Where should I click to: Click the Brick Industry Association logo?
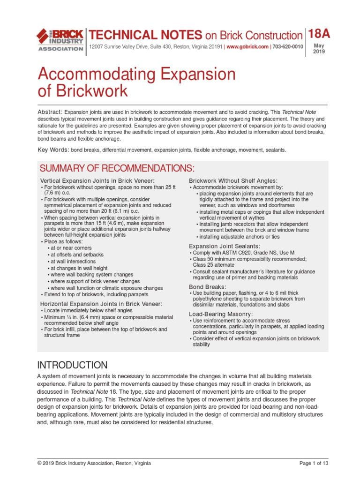click(60, 40)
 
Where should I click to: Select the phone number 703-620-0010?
click(288, 47)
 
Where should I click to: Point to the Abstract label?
click(50, 112)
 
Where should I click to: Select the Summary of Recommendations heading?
click(117, 168)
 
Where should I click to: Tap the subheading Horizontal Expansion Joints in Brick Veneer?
click(101, 304)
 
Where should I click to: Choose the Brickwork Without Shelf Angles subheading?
click(233, 180)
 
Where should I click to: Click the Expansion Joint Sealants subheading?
click(225, 246)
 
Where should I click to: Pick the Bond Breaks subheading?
click(207, 286)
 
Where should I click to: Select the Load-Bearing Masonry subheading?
click(221, 314)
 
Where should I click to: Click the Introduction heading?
click(72, 365)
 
